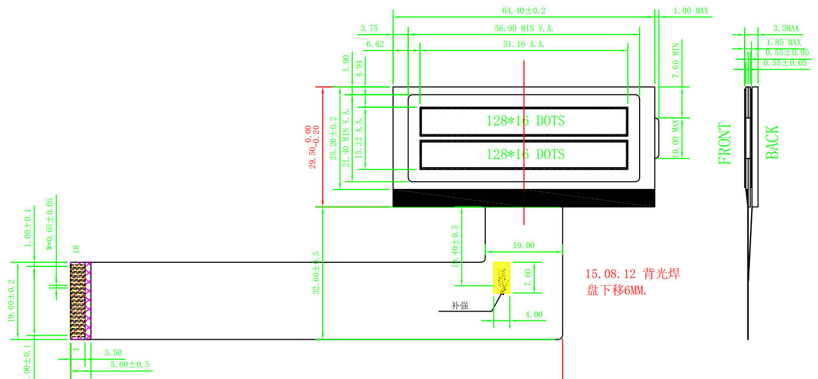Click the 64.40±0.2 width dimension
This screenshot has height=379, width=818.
click(524, 11)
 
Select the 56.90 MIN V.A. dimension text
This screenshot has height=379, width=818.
click(524, 28)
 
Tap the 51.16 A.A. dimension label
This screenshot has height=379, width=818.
click(524, 44)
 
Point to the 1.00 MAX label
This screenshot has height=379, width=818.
click(691, 11)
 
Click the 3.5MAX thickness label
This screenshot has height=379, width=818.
click(786, 28)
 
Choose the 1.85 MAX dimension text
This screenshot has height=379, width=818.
click(783, 42)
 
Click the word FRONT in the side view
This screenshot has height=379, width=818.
click(725, 143)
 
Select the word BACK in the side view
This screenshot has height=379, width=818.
click(772, 142)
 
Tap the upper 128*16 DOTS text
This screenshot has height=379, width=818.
click(525, 121)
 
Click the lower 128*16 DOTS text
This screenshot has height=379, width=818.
click(525, 154)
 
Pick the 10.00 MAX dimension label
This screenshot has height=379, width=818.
click(675, 138)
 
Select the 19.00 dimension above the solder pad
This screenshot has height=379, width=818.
click(523, 245)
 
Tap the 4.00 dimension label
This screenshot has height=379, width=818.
click(533, 314)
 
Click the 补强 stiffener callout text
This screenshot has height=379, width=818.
click(459, 305)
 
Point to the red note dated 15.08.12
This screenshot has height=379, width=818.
click(633, 282)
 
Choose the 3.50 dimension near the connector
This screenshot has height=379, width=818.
click(113, 353)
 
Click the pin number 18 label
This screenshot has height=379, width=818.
click(75, 250)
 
